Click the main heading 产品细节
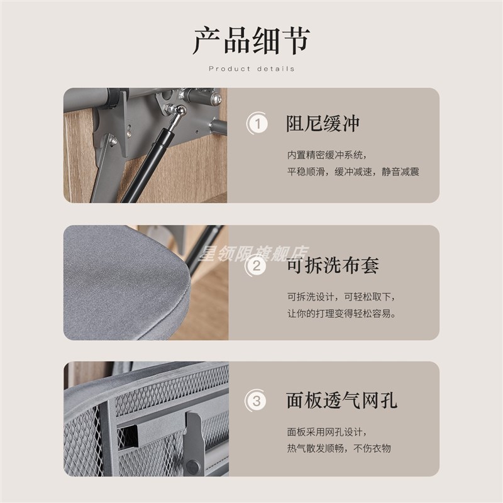pos(251,40)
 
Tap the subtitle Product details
pos(251,69)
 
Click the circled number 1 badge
pos(256,123)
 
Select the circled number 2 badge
pos(256,265)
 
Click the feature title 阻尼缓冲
pos(323,123)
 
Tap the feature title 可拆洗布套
pos(333,265)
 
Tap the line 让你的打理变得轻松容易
pos(341,314)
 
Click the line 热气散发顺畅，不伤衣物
pos(339,448)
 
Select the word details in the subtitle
pos(275,69)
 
